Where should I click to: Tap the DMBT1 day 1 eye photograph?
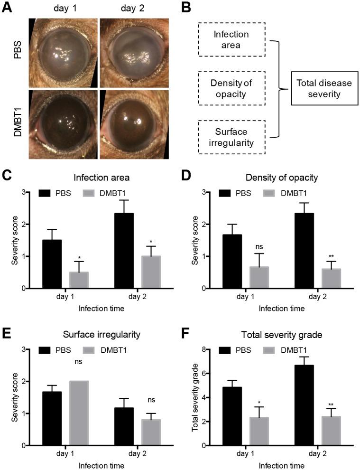[x=63, y=124]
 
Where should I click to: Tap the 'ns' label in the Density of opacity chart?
[x=259, y=246]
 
